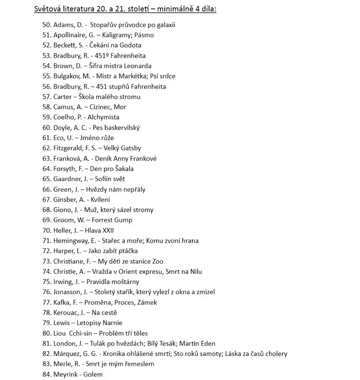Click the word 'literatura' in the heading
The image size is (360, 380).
point(78,9)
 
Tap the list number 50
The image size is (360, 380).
point(46,25)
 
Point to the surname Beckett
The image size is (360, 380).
point(65,45)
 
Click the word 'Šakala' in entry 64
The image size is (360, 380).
point(123,169)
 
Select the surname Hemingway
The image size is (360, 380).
point(72,241)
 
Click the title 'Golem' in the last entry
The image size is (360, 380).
point(93,375)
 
